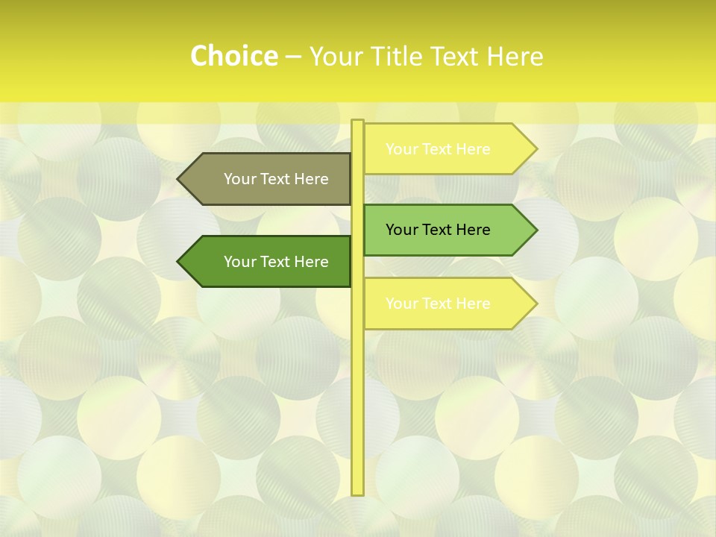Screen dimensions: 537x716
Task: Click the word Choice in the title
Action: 233,57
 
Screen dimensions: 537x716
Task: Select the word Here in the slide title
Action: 515,57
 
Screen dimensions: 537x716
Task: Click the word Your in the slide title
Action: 336,57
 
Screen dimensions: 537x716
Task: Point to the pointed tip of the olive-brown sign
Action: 180,179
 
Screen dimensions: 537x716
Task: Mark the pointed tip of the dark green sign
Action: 180,262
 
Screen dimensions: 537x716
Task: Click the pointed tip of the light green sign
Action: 535,230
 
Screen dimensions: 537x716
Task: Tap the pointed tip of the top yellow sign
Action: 535,149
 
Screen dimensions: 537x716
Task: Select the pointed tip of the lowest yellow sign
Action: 535,304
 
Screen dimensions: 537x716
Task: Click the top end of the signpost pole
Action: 357,122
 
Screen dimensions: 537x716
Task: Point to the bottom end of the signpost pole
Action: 357,492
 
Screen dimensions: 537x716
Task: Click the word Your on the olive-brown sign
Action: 239,179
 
